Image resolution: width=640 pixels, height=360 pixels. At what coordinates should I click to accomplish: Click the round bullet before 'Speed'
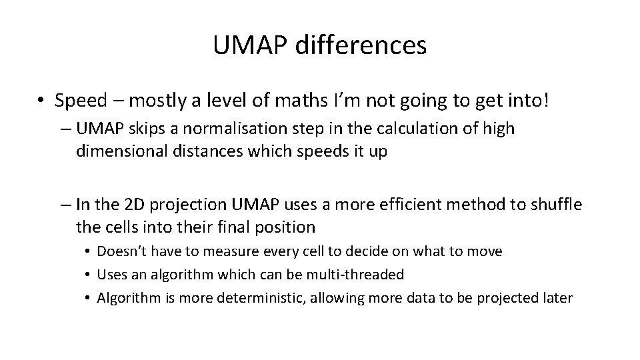coord(42,101)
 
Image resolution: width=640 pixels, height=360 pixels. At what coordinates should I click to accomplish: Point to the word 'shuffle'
coord(556,204)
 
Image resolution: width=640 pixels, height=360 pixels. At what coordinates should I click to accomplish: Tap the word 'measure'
coord(231,251)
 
